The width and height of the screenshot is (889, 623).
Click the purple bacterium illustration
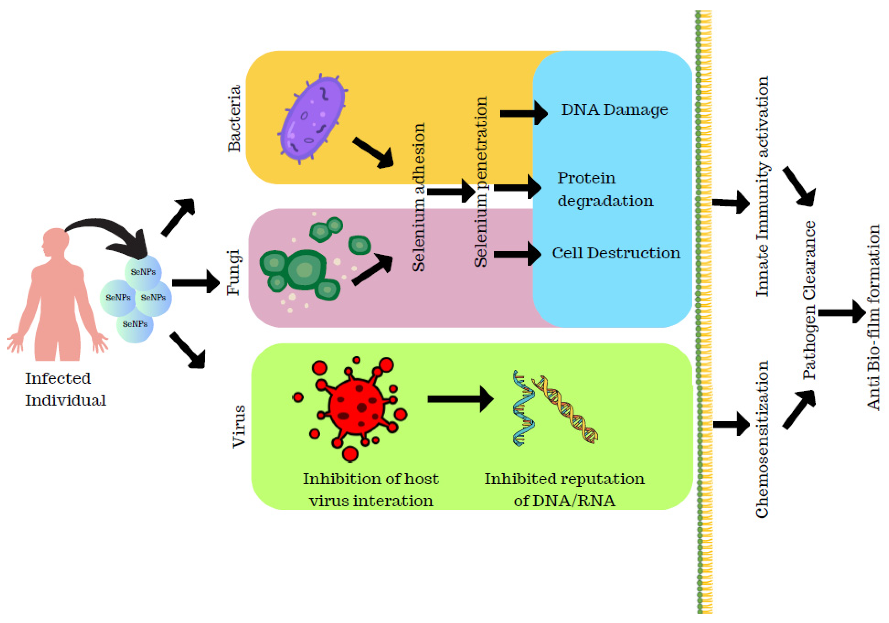312,118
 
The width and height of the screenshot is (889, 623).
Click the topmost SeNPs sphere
143,272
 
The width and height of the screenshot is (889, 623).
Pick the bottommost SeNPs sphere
135,324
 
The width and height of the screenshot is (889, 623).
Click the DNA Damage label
614,110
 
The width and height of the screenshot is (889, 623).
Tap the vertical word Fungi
233,272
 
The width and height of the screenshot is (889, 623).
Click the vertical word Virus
239,426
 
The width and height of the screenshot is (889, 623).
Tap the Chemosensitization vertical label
762,439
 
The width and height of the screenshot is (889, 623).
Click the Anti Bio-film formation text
873,318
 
